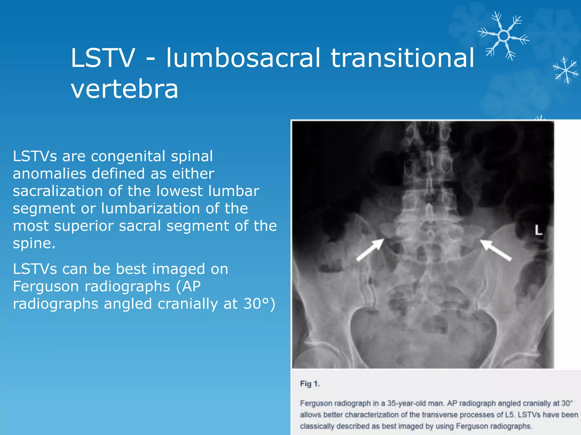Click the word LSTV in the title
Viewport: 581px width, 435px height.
103,58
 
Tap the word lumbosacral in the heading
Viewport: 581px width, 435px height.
243,58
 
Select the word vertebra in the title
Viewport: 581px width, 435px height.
125,89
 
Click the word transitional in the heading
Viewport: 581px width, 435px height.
402,58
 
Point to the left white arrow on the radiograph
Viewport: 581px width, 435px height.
370,250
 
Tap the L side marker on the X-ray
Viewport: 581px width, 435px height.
538,230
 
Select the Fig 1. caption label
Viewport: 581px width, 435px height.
310,384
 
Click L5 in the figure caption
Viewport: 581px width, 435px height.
510,415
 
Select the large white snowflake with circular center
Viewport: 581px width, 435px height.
504,36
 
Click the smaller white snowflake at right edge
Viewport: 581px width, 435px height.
566,70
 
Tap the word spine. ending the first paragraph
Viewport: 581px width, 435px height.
34,244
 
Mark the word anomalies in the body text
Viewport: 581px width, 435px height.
50,174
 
